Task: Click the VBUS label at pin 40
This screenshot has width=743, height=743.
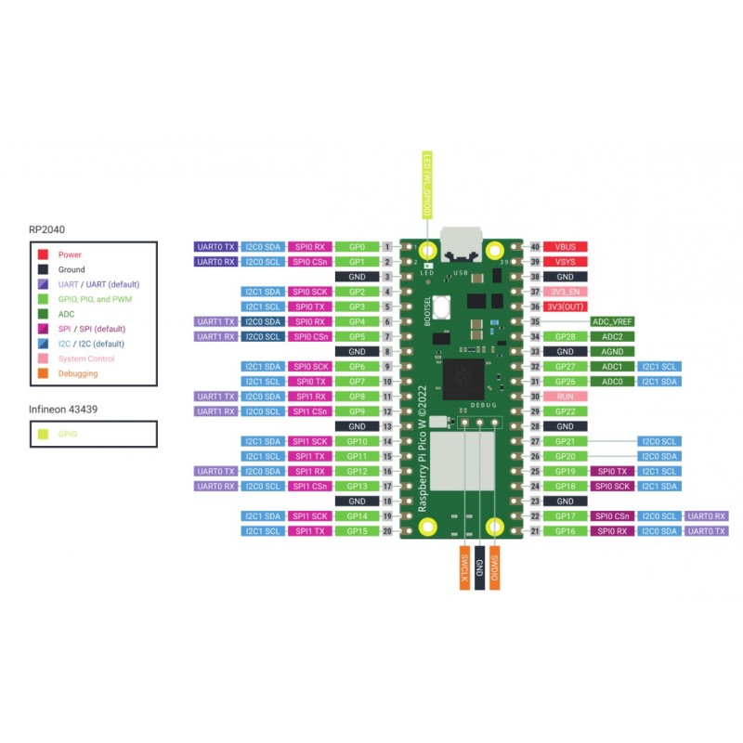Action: click(565, 247)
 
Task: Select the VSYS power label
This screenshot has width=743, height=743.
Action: click(565, 262)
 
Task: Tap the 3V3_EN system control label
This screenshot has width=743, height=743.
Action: click(565, 292)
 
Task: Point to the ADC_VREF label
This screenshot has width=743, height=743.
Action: click(612, 321)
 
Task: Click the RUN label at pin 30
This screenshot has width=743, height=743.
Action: click(565, 397)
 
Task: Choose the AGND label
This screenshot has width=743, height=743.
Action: click(612, 352)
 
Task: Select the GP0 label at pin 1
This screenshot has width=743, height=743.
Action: click(357, 247)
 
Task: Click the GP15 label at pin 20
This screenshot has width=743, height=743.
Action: click(357, 531)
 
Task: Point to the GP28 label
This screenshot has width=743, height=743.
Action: click(565, 336)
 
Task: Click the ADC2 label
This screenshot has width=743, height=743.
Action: click(612, 336)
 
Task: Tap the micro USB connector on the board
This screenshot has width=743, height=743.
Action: click(461, 242)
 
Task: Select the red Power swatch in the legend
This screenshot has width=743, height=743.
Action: click(43, 254)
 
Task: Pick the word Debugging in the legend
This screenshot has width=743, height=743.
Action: click(77, 373)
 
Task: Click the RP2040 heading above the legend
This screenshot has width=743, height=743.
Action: click(46, 228)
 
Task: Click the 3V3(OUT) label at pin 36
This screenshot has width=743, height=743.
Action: click(565, 306)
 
